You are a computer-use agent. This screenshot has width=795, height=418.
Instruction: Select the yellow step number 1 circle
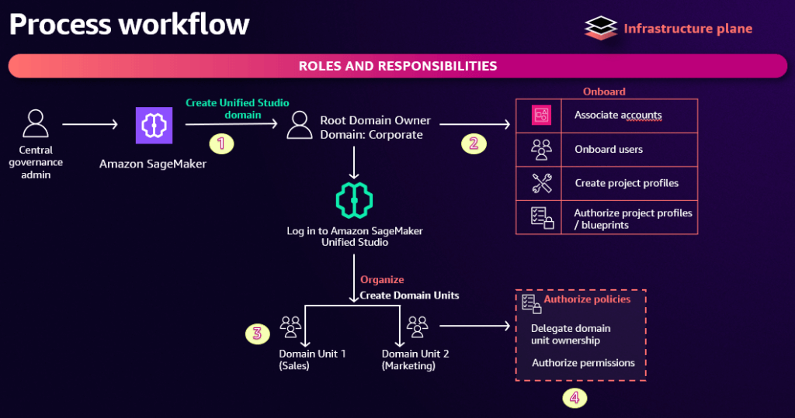tap(221, 143)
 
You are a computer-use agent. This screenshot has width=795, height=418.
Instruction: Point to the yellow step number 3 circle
tap(255, 334)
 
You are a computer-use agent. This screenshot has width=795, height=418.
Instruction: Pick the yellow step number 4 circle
tap(574, 398)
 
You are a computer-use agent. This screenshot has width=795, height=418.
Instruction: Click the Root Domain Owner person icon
tap(299, 124)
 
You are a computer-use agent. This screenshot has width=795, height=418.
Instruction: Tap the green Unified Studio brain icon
tap(354, 200)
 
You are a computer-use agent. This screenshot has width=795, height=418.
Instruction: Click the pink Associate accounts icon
tap(541, 116)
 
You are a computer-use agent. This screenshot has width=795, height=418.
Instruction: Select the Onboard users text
tap(609, 150)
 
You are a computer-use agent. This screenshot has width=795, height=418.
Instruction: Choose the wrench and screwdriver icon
tap(541, 184)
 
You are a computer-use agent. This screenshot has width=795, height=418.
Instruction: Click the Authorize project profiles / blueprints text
tap(633, 218)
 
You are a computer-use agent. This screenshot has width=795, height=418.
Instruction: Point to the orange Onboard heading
tap(604, 92)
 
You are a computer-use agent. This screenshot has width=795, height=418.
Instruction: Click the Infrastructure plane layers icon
tap(601, 29)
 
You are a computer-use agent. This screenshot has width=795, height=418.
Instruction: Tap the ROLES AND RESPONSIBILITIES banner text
tap(397, 66)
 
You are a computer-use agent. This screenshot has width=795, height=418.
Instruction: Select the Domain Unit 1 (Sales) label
tap(312, 359)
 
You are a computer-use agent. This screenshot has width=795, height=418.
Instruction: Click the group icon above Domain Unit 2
tap(417, 326)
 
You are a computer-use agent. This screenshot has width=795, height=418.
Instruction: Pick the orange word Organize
tap(382, 280)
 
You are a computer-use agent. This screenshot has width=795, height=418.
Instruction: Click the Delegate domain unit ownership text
tap(571, 334)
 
